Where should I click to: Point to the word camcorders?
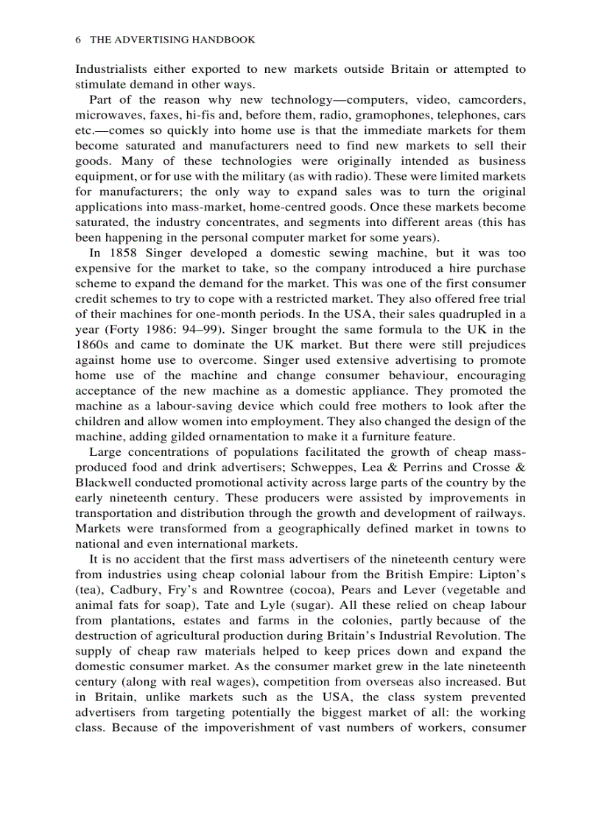click(x=490, y=99)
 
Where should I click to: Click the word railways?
click(x=498, y=513)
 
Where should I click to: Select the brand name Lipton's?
click(x=502, y=574)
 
